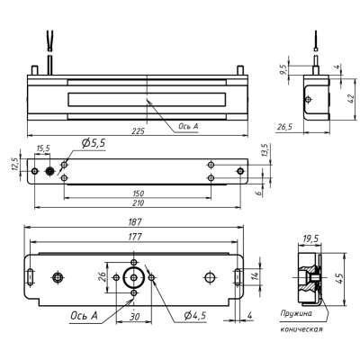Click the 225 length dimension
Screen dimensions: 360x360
(x=138, y=130)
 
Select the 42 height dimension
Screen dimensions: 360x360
(x=350, y=96)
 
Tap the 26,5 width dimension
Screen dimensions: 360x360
(x=285, y=128)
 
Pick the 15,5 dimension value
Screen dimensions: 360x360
(x=42, y=148)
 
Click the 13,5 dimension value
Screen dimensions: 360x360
(x=264, y=148)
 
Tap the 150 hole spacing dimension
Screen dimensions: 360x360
(x=137, y=193)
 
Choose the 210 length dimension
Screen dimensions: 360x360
(x=137, y=203)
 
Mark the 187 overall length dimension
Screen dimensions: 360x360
(x=137, y=221)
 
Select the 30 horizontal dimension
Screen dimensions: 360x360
(x=134, y=316)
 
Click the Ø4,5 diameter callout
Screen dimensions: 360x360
(x=191, y=315)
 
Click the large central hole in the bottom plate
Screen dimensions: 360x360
(x=133, y=276)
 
